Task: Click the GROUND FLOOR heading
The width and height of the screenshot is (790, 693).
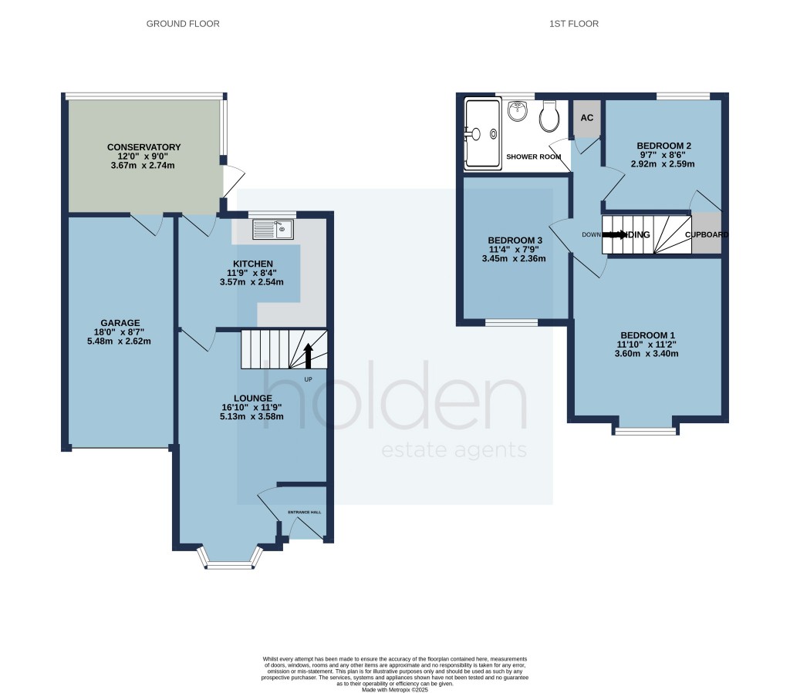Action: [x=183, y=24]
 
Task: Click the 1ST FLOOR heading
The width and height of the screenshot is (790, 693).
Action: [x=573, y=24]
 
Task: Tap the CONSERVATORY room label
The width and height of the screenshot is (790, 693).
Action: [x=143, y=147]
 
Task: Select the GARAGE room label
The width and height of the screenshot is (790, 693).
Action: [x=120, y=323]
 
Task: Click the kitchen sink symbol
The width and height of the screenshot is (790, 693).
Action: [x=272, y=228]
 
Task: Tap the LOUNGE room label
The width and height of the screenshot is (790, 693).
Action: [x=254, y=398]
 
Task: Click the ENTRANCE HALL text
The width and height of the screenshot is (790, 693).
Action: [x=303, y=512]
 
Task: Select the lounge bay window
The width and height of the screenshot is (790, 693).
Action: [x=229, y=562]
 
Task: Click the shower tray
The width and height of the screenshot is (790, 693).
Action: [x=482, y=134]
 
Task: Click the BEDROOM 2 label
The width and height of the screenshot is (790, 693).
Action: [x=663, y=146]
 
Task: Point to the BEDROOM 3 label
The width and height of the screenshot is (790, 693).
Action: [x=515, y=241]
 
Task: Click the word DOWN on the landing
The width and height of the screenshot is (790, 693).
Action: [x=591, y=235]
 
